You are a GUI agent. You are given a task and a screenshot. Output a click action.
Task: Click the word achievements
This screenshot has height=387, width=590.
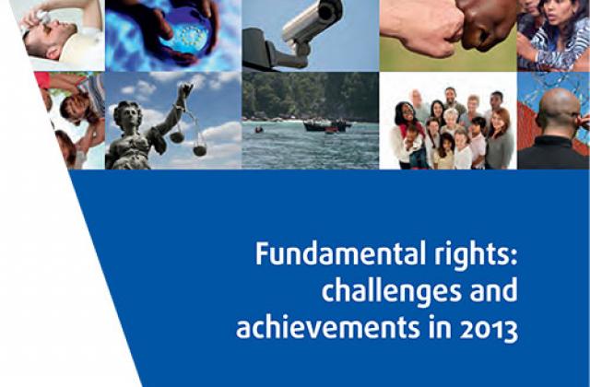pyautogui.click(x=328, y=327)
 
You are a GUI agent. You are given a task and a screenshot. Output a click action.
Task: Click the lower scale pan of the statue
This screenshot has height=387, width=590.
pyautogui.click(x=200, y=150)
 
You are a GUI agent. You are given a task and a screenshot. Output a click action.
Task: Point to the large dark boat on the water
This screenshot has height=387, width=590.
pyautogui.click(x=326, y=125)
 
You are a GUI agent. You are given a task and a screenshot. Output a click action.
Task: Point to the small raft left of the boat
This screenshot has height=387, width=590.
pyautogui.click(x=258, y=130)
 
